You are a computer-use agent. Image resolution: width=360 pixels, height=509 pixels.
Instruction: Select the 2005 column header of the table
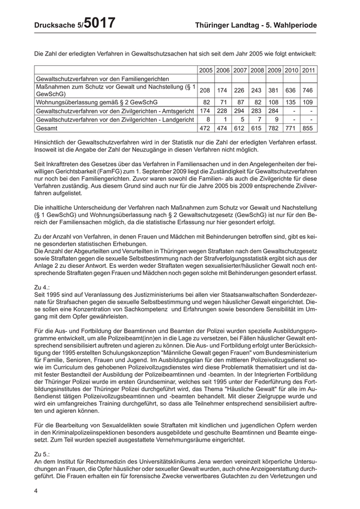pos(206,70)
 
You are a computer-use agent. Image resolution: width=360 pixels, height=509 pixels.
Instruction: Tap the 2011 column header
pos(309,70)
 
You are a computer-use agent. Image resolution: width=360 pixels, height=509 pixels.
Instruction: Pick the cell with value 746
pos(309,90)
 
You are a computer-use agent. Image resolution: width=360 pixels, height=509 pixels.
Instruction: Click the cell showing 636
pos(292,90)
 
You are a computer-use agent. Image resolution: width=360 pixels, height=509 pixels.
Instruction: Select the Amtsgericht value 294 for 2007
pos(240,111)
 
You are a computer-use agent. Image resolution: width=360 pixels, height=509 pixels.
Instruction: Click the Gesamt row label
pos(47,128)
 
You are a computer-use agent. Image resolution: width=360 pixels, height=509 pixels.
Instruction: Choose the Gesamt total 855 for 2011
pos(309,128)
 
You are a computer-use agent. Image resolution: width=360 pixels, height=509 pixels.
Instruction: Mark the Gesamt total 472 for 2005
pos(206,128)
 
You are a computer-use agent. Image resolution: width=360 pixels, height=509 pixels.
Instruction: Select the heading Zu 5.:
pos(42,455)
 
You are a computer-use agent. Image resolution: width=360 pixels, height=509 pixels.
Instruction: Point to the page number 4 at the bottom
pos(37,491)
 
